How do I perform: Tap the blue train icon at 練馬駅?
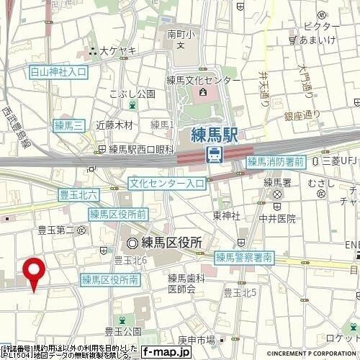(214, 153)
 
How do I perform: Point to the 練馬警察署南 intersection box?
(243, 257)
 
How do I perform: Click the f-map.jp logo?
(166, 352)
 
